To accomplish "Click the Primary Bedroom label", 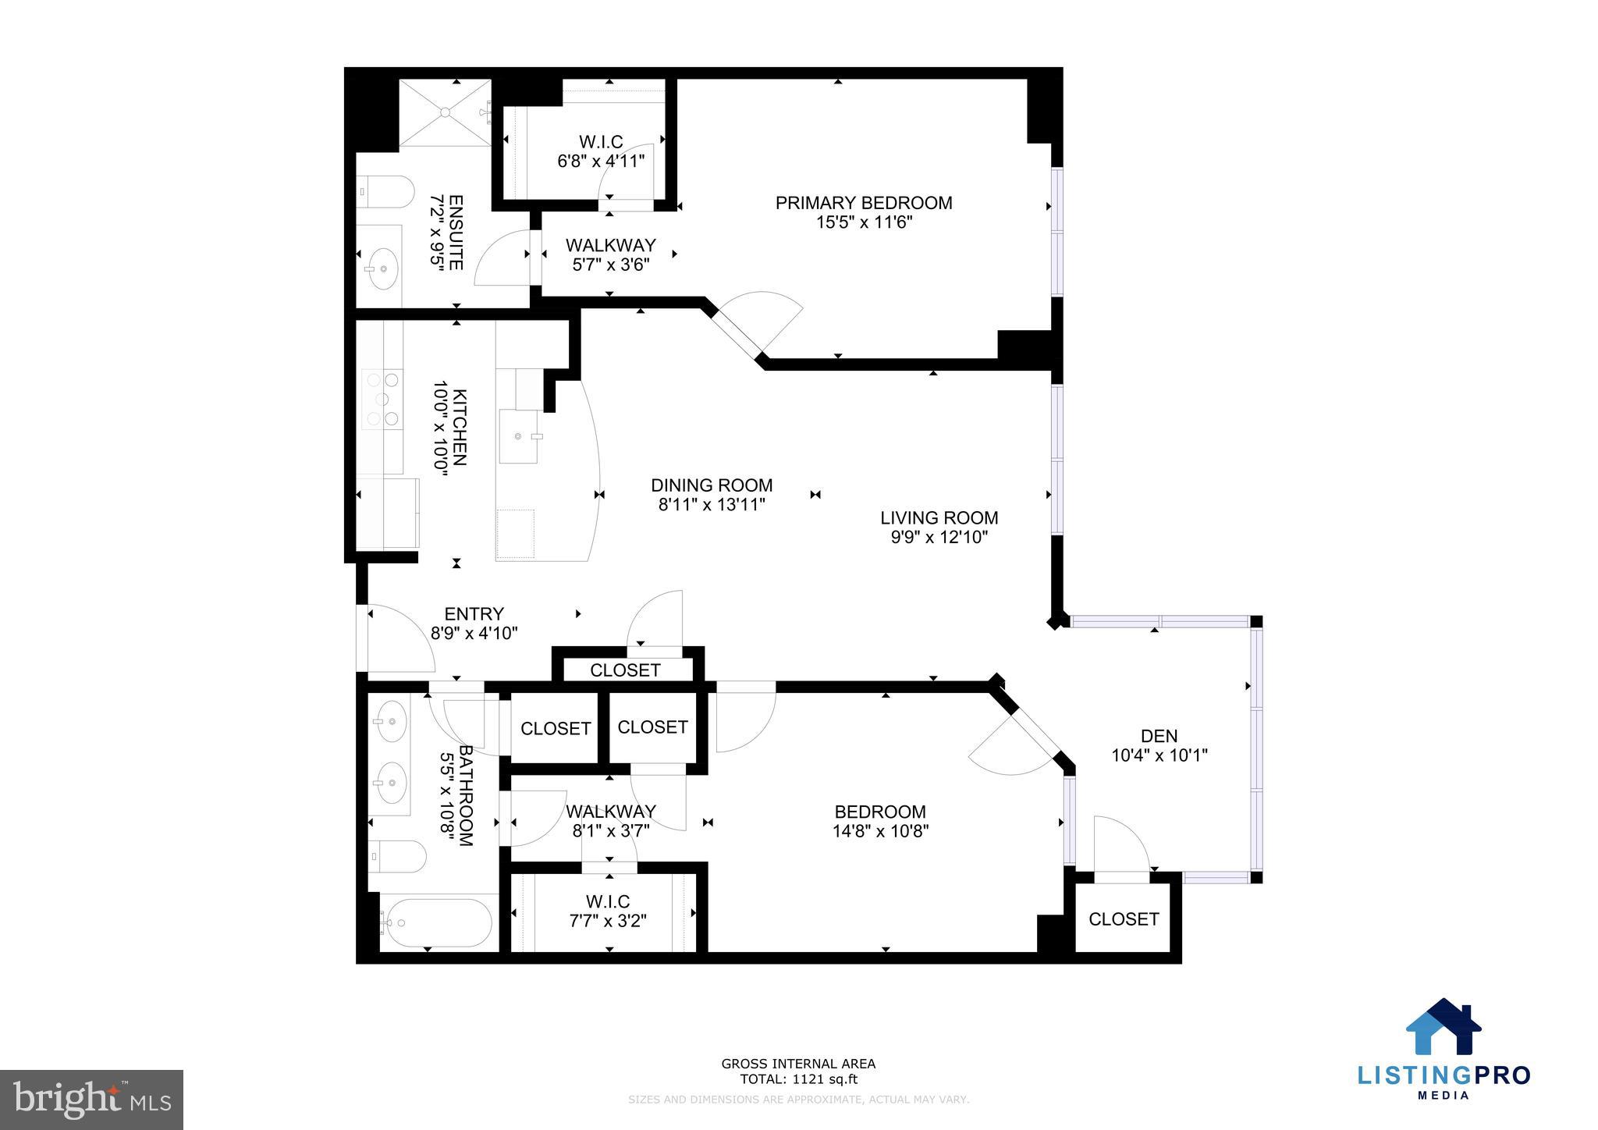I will pyautogui.click(x=863, y=203).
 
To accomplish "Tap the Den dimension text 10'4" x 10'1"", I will pyautogui.click(x=1159, y=755).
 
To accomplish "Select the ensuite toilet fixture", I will pyautogui.click(x=387, y=191).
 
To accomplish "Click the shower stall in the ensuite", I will pyautogui.click(x=446, y=112).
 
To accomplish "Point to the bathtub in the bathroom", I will pyautogui.click(x=436, y=923).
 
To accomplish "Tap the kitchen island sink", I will pyautogui.click(x=520, y=436).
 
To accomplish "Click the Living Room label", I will pyautogui.click(x=939, y=517).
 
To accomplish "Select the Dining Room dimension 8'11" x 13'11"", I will pyautogui.click(x=711, y=505).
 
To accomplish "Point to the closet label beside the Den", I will pyautogui.click(x=1123, y=919).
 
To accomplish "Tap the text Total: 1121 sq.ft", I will pyautogui.click(x=797, y=1080).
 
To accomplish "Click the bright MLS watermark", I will pyautogui.click(x=91, y=1100).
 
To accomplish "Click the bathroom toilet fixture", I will pyautogui.click(x=397, y=857).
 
